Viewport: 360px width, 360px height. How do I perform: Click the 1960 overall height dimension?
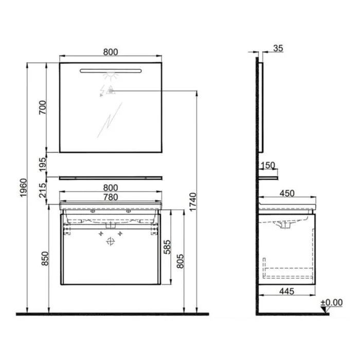click(24, 188)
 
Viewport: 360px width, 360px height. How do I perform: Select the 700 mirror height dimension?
click(43, 107)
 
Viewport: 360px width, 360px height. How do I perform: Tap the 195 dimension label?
click(43, 165)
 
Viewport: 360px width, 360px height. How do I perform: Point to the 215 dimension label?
click(43, 190)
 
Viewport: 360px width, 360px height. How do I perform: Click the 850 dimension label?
click(45, 259)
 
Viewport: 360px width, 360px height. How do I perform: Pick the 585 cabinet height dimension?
click(167, 247)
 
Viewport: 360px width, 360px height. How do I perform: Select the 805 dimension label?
click(181, 261)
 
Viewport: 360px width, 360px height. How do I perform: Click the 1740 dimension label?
click(193, 202)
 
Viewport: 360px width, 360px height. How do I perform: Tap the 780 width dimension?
click(111, 197)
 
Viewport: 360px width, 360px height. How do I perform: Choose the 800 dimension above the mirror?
click(111, 52)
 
